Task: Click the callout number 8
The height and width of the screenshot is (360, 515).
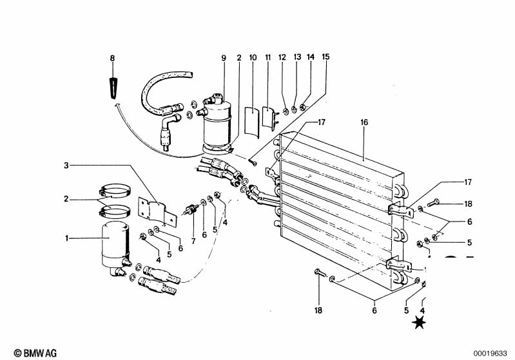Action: (112, 59)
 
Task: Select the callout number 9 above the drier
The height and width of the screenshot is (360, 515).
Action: (224, 58)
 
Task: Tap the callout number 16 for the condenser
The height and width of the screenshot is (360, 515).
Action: (364, 122)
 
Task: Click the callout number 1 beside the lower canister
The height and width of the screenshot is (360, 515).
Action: (66, 238)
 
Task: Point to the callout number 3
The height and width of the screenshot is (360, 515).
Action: (66, 166)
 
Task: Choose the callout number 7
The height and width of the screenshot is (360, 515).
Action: (193, 242)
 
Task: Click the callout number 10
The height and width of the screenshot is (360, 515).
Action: (253, 58)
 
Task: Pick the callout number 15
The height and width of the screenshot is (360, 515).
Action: (326, 57)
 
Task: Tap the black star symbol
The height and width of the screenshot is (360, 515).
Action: (419, 323)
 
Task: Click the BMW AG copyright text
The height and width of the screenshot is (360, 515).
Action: (35, 353)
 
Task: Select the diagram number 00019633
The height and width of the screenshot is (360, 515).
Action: (491, 354)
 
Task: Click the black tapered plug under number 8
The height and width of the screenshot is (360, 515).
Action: (113, 88)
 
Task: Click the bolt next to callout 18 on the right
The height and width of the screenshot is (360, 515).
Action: (433, 203)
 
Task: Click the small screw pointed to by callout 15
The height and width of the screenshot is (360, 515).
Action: (252, 162)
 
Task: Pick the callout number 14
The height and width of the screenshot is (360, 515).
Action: (311, 57)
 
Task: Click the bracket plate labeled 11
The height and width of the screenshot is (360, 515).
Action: (269, 117)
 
